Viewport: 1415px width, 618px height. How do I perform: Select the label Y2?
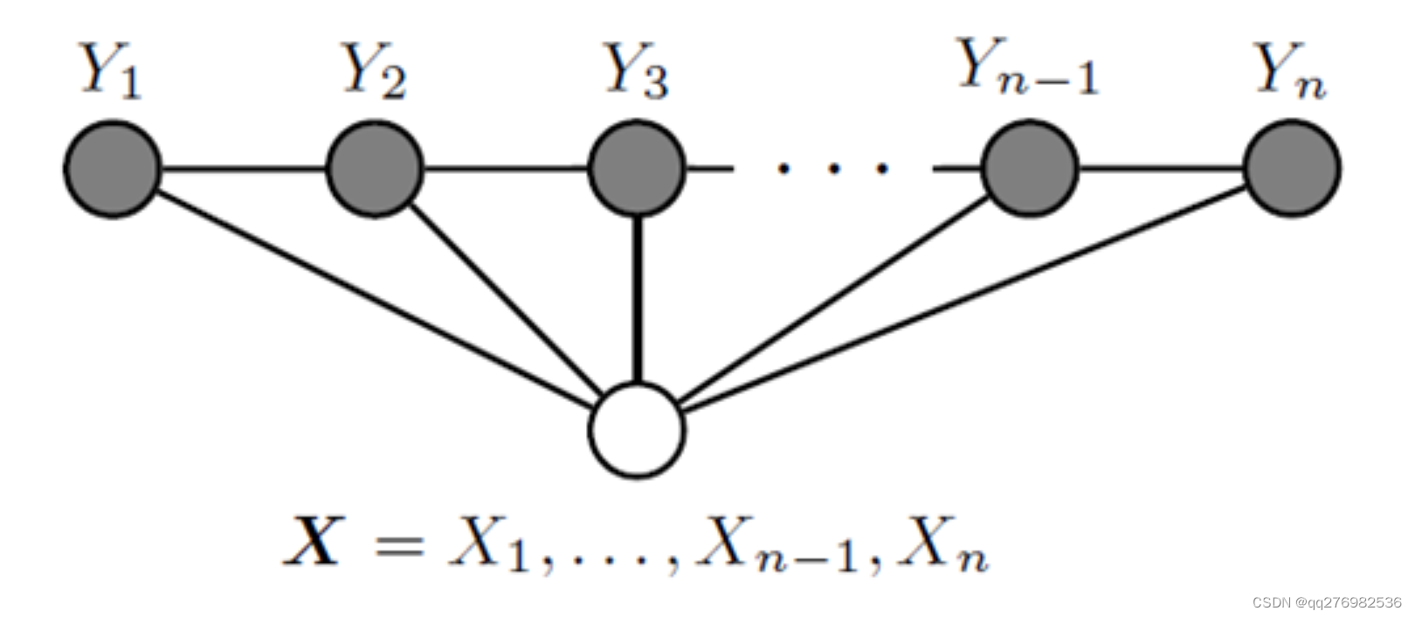374,70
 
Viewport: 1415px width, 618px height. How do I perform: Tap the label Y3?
637,70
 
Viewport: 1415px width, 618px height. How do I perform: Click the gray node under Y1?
113,169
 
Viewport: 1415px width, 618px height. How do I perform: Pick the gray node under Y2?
375,169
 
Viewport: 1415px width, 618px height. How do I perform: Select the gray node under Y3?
637,169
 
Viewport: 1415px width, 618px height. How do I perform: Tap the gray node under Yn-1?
1031,169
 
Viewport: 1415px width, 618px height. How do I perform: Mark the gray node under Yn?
1292,169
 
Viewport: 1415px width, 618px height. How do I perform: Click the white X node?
637,429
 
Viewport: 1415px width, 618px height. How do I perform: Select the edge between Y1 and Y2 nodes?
244,169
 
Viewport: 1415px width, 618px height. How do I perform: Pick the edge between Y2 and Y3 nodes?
506,169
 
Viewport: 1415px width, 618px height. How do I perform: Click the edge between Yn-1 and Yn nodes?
1162,169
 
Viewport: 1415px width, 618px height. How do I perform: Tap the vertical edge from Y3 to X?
638,297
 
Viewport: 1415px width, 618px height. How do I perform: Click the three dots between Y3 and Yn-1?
833,168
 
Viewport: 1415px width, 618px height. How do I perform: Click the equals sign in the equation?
398,545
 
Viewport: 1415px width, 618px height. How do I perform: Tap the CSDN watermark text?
1326,603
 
